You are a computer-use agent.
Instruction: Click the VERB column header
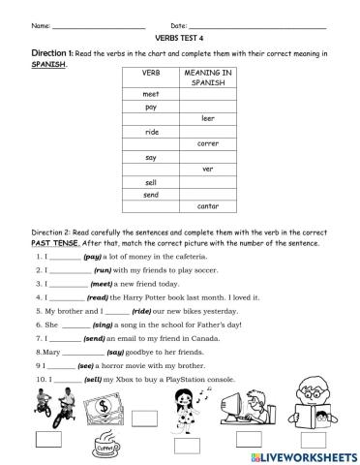(x=150, y=72)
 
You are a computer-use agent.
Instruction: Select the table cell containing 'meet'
(x=150, y=94)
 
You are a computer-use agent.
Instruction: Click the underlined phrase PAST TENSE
(x=52, y=244)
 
